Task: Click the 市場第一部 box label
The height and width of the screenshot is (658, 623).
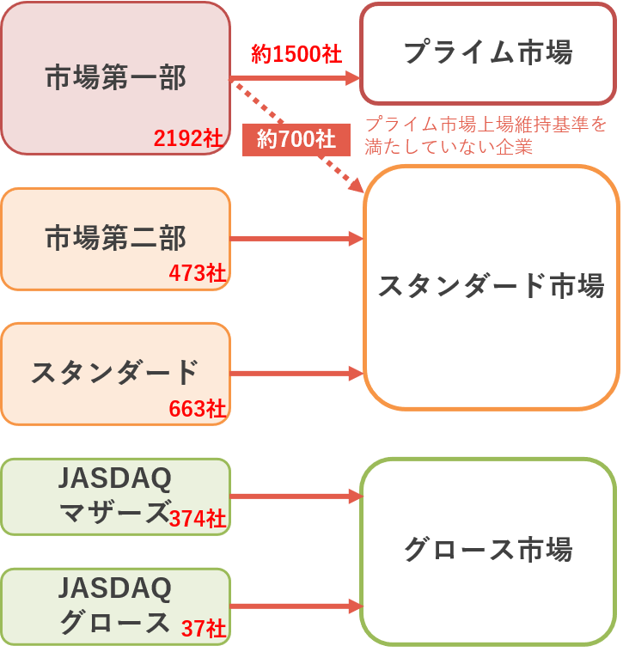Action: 115,77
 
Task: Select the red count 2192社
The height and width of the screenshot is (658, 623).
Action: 188,137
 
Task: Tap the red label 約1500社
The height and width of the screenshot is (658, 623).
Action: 296,54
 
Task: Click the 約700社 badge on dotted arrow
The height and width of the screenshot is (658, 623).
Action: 296,140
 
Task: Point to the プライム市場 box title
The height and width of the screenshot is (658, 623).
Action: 488,52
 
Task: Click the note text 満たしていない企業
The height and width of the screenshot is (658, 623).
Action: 449,147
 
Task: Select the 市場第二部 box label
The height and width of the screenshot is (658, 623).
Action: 115,238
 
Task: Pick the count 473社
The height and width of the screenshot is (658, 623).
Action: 198,273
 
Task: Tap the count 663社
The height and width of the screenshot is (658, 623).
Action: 198,408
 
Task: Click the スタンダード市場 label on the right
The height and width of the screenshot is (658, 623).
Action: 492,286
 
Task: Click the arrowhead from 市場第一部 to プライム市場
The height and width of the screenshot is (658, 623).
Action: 352,78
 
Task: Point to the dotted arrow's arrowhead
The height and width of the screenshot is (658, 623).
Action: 356,185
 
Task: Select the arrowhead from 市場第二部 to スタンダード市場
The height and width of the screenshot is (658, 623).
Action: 356,239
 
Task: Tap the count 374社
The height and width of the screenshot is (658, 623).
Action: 198,518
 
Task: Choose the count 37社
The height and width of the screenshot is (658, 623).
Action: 204,629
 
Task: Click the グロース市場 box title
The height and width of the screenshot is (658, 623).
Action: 488,549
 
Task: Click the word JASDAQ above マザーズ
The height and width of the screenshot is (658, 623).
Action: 115,478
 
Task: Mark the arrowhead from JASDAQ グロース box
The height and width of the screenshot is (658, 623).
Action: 356,606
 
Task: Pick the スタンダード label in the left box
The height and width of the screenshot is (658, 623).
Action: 114,372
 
